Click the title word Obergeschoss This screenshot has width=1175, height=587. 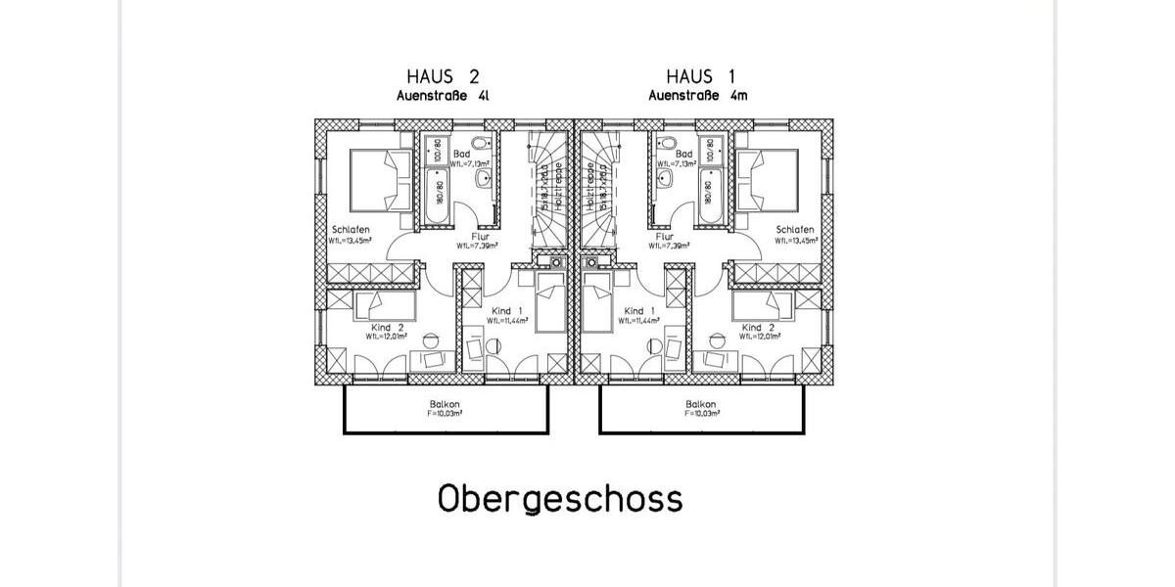pyautogui.click(x=559, y=498)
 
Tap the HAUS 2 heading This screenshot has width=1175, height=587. pyautogui.click(x=443, y=76)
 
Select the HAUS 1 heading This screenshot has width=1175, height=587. pyautogui.click(x=700, y=76)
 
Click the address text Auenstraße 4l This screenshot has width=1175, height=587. pyautogui.click(x=443, y=96)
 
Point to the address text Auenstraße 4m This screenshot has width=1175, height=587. pyautogui.click(x=700, y=96)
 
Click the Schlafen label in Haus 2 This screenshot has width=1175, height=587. pyautogui.click(x=350, y=230)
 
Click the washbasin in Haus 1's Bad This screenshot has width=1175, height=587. pyautogui.click(x=665, y=178)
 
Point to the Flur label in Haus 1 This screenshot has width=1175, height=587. pyautogui.click(x=664, y=237)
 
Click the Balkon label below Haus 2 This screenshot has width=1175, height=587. pyautogui.click(x=444, y=404)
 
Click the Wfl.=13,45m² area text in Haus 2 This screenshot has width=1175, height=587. pyautogui.click(x=350, y=240)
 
